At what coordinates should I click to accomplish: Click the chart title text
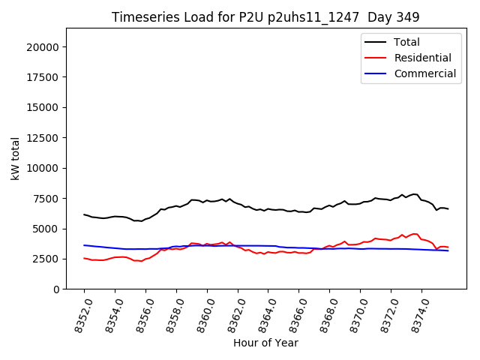tap(265, 16)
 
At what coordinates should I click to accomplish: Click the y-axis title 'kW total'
tap(15, 158)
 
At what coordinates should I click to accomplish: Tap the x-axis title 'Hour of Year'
tap(265, 343)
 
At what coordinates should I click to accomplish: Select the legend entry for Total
tap(406, 42)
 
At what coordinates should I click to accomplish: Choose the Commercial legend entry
tap(424, 73)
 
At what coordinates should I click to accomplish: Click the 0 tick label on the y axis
tap(58, 289)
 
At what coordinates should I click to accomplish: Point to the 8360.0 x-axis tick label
tap(200, 315)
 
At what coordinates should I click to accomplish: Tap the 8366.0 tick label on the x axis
tap(292, 315)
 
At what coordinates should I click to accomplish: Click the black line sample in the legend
tap(376, 42)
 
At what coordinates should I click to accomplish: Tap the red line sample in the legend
tap(376, 58)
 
